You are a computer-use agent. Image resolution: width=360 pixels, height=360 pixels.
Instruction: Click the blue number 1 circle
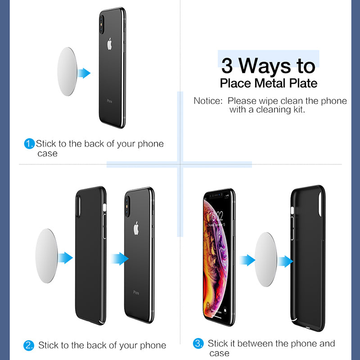click(x=29, y=144)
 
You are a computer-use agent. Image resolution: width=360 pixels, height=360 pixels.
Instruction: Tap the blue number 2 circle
click(x=29, y=346)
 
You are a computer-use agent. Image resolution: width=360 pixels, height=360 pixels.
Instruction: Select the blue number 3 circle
click(x=198, y=343)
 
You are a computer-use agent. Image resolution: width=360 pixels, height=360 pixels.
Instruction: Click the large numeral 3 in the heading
click(x=227, y=66)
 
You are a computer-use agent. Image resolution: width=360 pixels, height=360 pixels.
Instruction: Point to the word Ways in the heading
click(x=265, y=67)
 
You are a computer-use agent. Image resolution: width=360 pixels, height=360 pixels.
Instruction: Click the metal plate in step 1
click(x=67, y=72)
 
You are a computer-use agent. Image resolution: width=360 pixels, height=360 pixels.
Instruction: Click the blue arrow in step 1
click(x=84, y=73)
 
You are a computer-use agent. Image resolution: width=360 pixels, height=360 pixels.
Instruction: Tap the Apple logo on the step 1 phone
click(x=109, y=44)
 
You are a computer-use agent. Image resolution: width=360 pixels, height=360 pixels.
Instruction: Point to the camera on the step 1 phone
click(x=102, y=25)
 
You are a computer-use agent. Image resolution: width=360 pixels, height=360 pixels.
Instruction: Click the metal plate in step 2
click(x=47, y=256)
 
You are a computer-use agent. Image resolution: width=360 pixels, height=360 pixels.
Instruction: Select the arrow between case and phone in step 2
click(x=120, y=259)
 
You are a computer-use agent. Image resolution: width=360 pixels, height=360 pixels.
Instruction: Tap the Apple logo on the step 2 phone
click(x=136, y=229)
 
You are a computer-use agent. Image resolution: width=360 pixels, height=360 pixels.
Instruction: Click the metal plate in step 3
click(x=266, y=260)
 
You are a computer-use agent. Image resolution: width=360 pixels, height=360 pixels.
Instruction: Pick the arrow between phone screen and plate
click(x=247, y=260)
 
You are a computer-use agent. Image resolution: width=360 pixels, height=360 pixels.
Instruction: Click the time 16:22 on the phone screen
click(x=216, y=216)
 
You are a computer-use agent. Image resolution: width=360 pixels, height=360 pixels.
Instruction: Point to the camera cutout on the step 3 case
click(x=320, y=204)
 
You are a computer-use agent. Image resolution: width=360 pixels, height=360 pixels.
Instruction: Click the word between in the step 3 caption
click(x=255, y=344)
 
